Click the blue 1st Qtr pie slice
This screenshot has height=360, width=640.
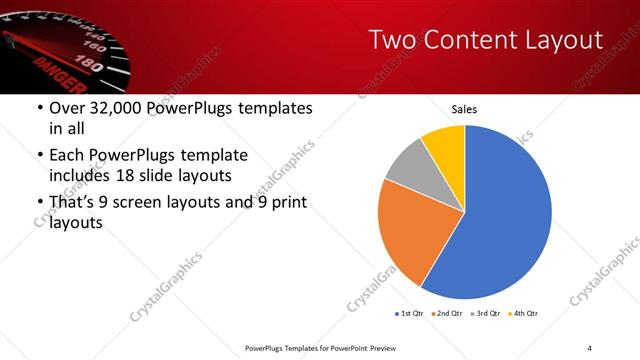click(505, 215)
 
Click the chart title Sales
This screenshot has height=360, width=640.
click(464, 109)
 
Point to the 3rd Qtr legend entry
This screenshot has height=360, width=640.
click(488, 314)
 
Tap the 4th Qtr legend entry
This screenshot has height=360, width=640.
click(526, 314)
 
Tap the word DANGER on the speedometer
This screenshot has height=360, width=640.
click(56, 70)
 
